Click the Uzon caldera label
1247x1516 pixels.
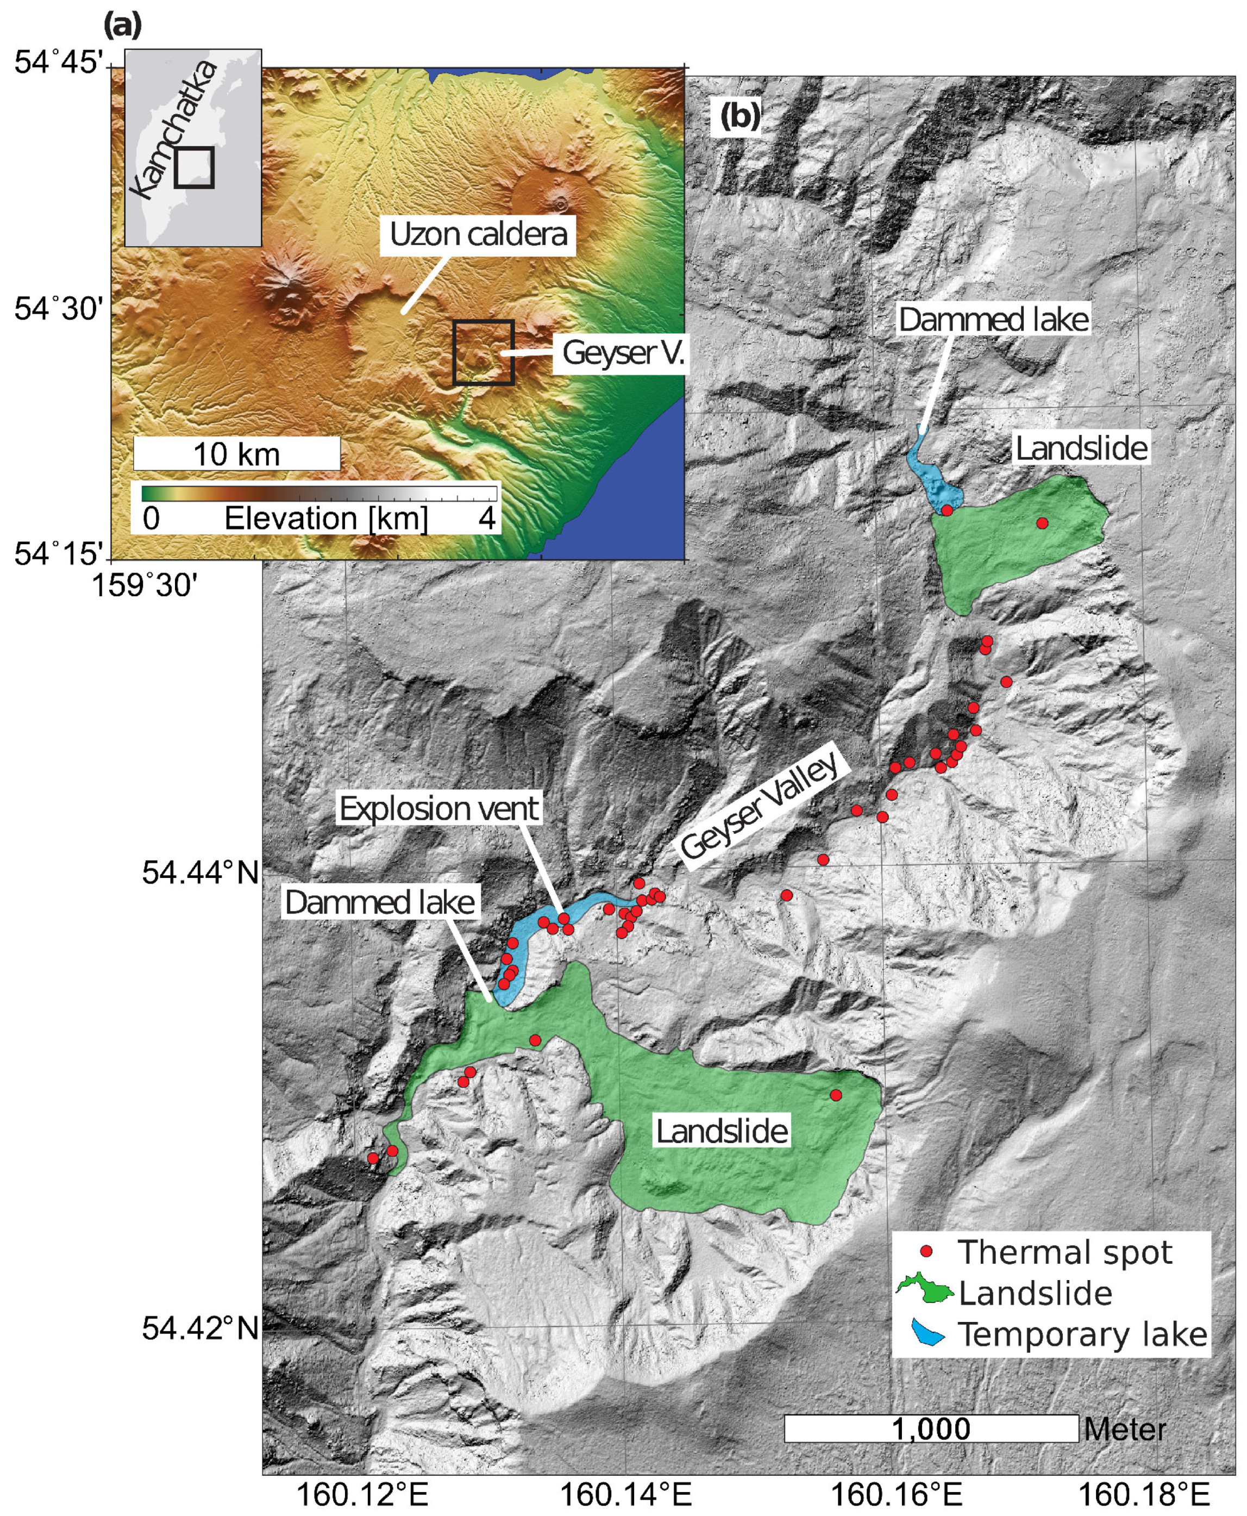(x=478, y=234)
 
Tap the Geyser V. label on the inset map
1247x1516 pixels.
(x=622, y=353)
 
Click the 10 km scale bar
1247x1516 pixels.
(x=236, y=454)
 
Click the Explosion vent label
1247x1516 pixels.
(x=438, y=809)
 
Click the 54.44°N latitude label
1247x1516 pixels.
(x=200, y=874)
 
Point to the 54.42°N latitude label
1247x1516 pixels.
(x=200, y=1328)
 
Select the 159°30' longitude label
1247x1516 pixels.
(x=143, y=585)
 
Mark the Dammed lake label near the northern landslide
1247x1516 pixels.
(x=993, y=320)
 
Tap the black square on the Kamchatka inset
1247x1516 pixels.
(x=194, y=167)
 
